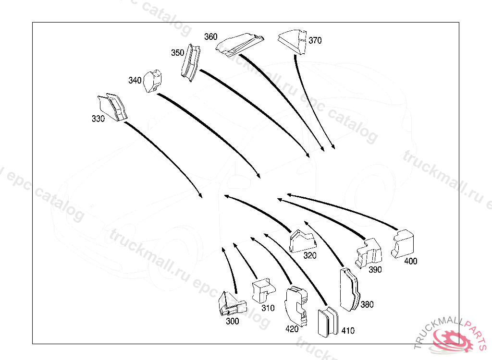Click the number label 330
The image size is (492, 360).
pos(98,119)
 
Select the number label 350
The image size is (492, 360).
pos(177,53)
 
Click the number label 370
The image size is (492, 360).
pos(315,40)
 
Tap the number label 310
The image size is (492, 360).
pos(268,308)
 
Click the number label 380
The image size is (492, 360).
pos(367,304)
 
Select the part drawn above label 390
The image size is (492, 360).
pos(368,252)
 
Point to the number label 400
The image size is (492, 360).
pos(411,262)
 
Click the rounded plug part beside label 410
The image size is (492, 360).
pos(328,322)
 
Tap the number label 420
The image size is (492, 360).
pos(292,329)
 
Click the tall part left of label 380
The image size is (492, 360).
pos(349,290)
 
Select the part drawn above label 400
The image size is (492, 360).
pos(403,243)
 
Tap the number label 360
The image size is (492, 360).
pos(210,36)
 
